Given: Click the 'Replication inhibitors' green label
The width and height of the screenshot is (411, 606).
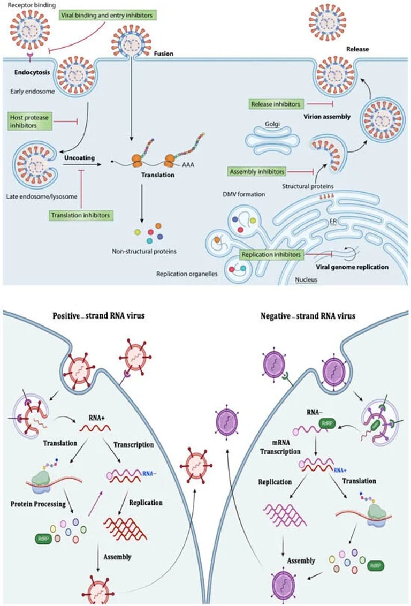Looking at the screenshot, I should click(271, 255).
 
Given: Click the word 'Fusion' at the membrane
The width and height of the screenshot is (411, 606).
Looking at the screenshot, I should click(163, 54).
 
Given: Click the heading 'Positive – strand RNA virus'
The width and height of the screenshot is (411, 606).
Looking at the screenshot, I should click(98, 315).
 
